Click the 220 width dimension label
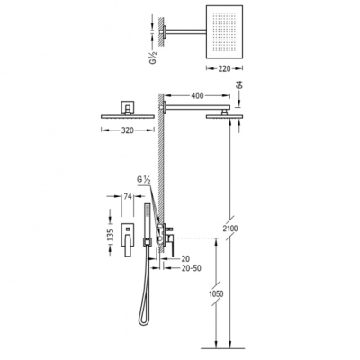(x=224, y=68)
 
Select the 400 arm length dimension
(x=197, y=95)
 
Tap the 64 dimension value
(x=239, y=85)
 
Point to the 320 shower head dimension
(x=127, y=130)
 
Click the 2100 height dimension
(x=230, y=229)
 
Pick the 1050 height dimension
(x=216, y=293)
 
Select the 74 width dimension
(x=128, y=196)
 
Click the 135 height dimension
(x=111, y=236)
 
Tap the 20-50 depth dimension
(x=192, y=268)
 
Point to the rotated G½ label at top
(x=153, y=56)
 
